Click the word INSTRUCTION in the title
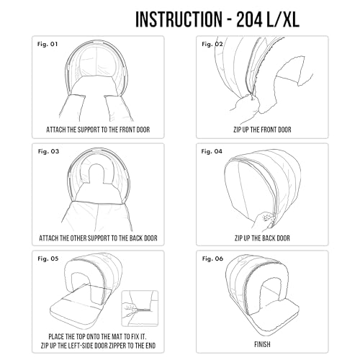pyautogui.click(x=179, y=19)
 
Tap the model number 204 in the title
pyautogui.click(x=249, y=19)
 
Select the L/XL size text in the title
pyautogui.click(x=283, y=19)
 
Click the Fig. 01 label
pyautogui.click(x=48, y=44)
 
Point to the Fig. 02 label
pyautogui.click(x=212, y=44)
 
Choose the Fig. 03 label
pyautogui.click(x=48, y=151)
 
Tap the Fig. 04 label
pyautogui.click(x=212, y=151)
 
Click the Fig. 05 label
pyautogui.click(x=48, y=258)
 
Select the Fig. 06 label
pyautogui.click(x=212, y=258)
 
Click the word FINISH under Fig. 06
pyautogui.click(x=262, y=345)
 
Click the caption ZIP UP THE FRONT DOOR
pyautogui.click(x=262, y=130)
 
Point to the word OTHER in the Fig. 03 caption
pyautogui.click(x=78, y=238)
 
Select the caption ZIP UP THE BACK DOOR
pyautogui.click(x=262, y=238)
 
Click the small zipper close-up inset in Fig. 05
pyautogui.click(x=140, y=308)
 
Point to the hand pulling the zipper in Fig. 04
pyautogui.click(x=263, y=220)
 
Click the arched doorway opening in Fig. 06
pyautogui.click(x=271, y=291)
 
